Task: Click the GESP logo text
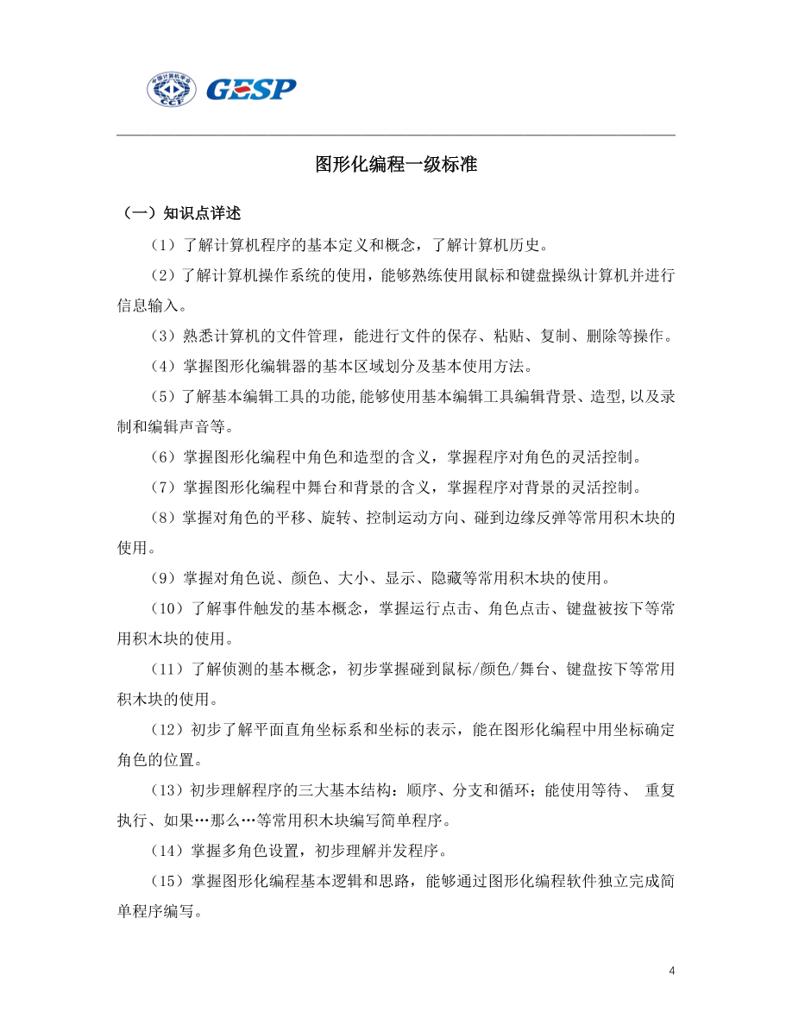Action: tap(251, 89)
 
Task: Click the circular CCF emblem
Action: tap(173, 89)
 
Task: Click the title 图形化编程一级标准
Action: tap(396, 164)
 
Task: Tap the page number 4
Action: tap(672, 972)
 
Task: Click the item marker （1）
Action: tap(162, 245)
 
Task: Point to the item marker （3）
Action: tap(162, 336)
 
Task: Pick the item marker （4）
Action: tap(162, 367)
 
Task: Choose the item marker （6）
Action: tap(162, 457)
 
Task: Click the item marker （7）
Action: tap(162, 487)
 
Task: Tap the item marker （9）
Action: tap(162, 578)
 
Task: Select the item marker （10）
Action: tap(166, 609)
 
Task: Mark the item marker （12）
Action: tap(166, 730)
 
